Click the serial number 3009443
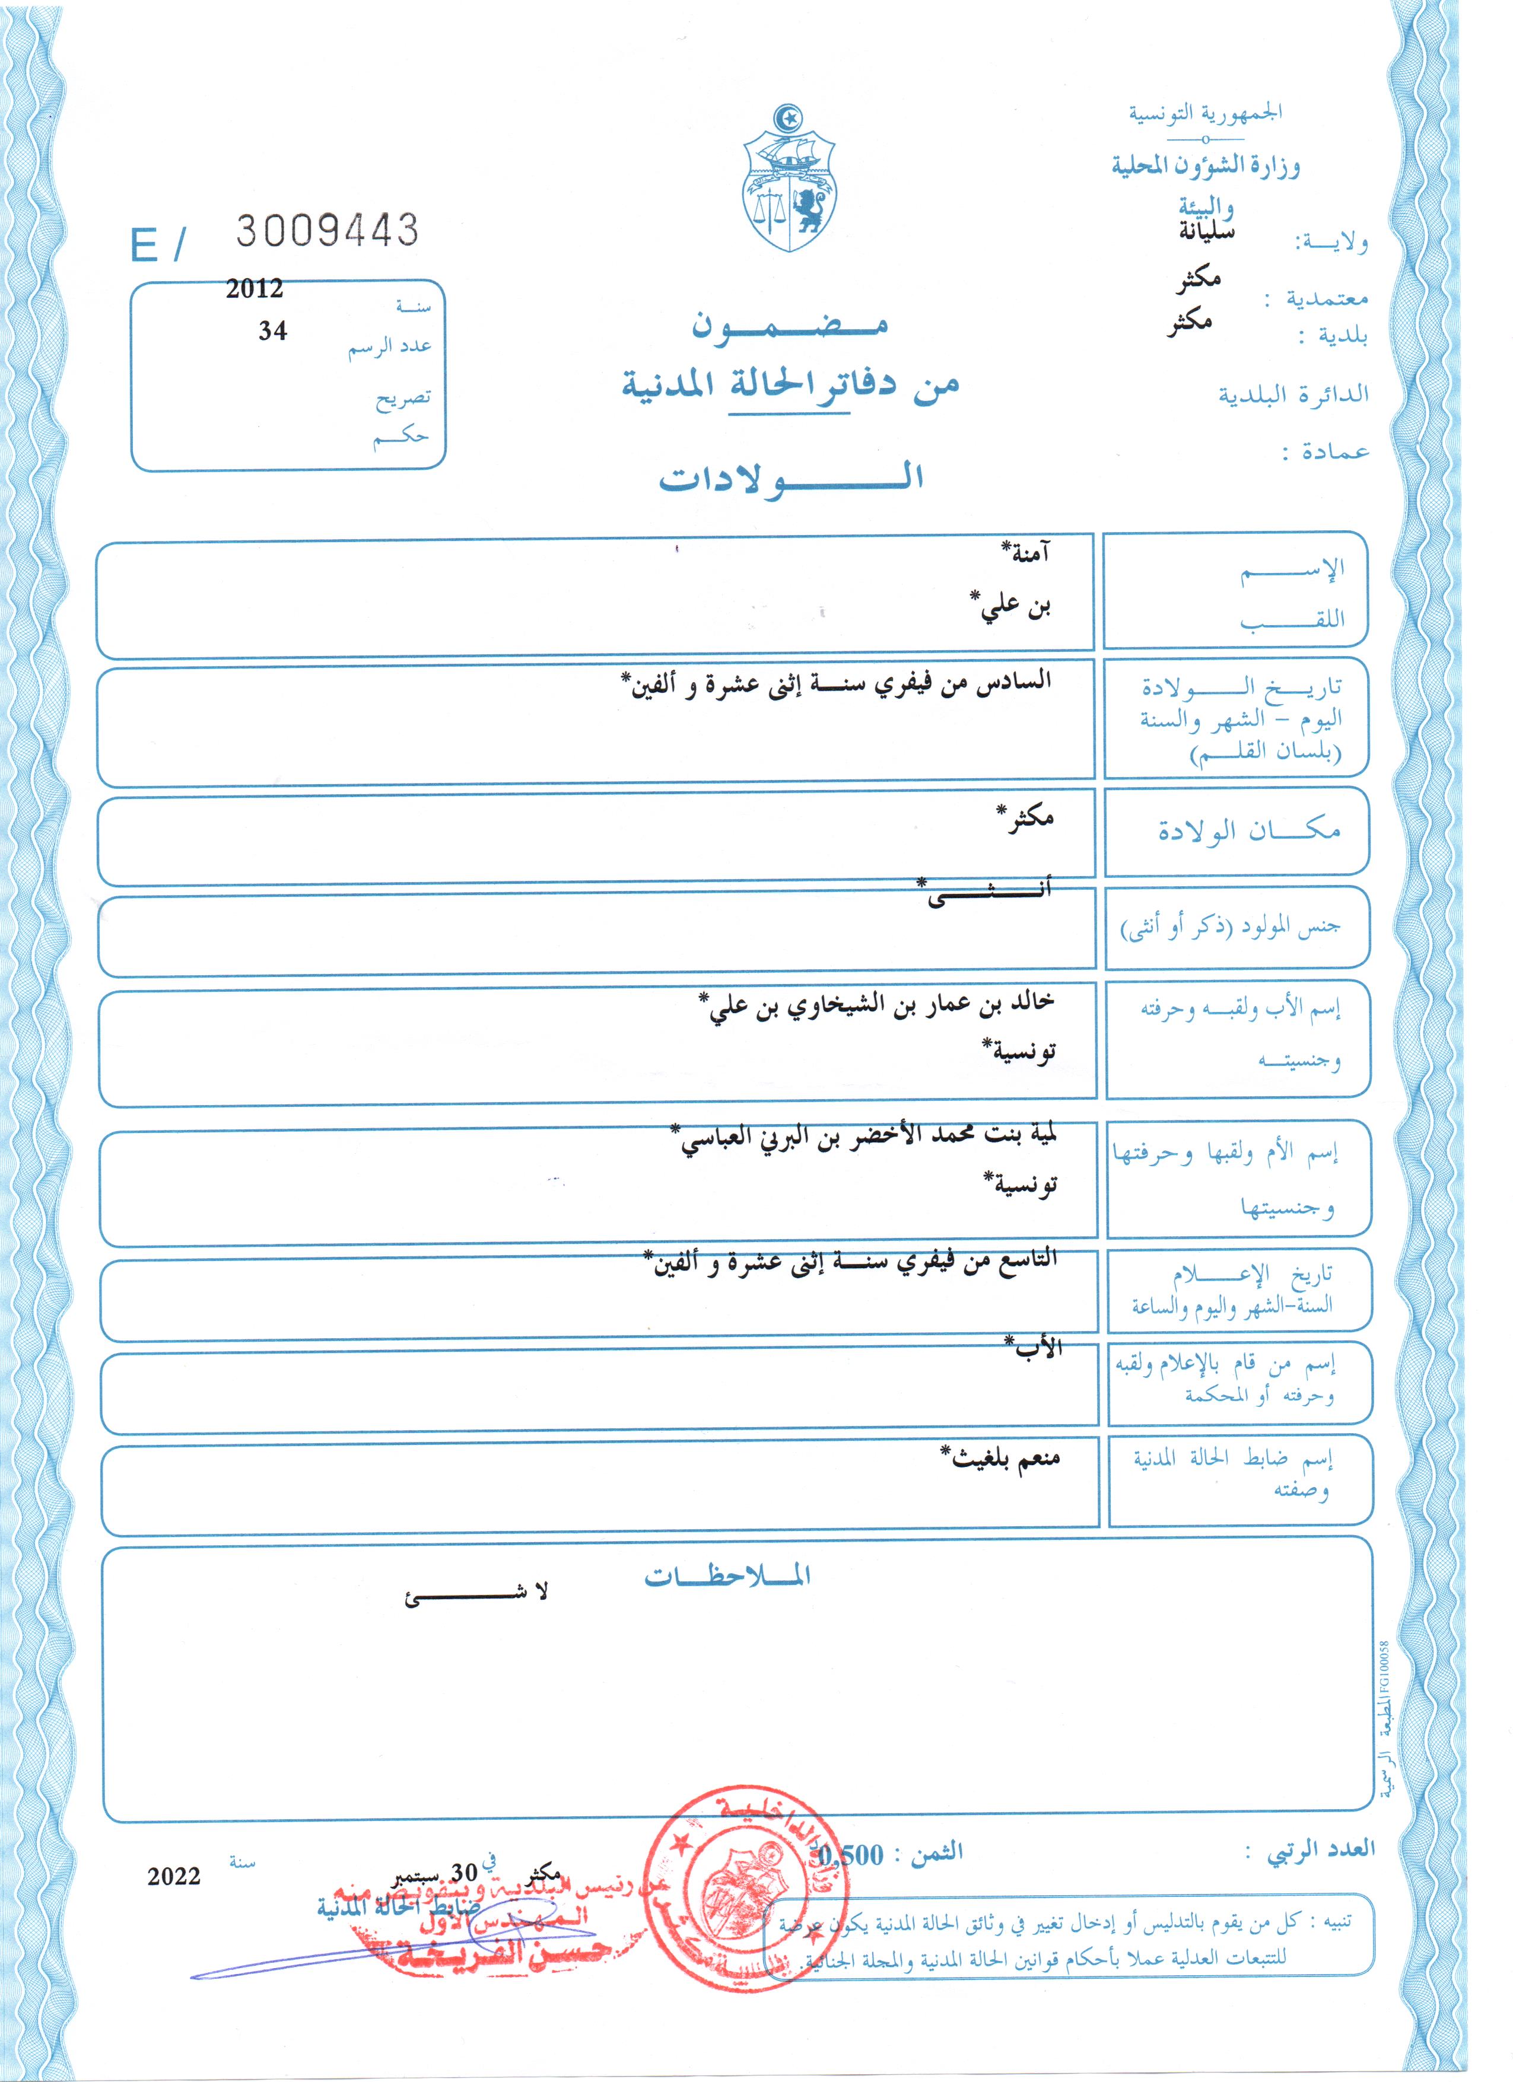pos(327,230)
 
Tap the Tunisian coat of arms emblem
pos(788,179)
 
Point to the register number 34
pos(273,330)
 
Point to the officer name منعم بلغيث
pos(1001,1458)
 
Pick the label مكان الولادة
pos(1248,831)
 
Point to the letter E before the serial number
pos(145,245)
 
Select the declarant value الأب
pos(1035,1348)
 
